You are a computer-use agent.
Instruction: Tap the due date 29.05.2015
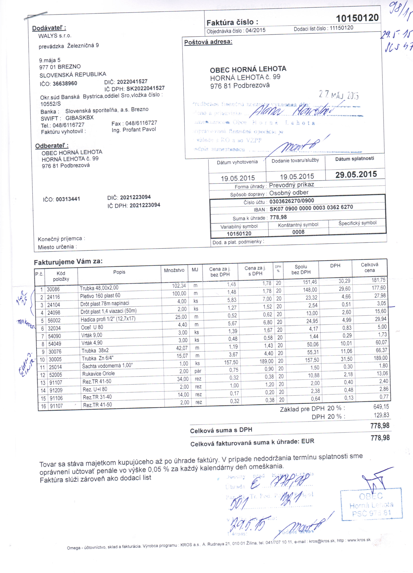(x=356, y=174)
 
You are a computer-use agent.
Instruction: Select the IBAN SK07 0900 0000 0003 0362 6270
(x=311, y=208)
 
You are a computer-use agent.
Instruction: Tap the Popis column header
(x=119, y=272)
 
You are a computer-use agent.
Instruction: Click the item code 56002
(x=54, y=320)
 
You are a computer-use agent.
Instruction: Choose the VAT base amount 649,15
(x=381, y=406)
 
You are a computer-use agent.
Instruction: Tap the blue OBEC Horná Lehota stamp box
(x=371, y=504)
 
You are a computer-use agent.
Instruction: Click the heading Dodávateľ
(x=49, y=28)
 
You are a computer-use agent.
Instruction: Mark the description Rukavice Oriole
(x=98, y=374)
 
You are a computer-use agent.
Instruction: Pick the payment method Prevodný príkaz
(x=291, y=185)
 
